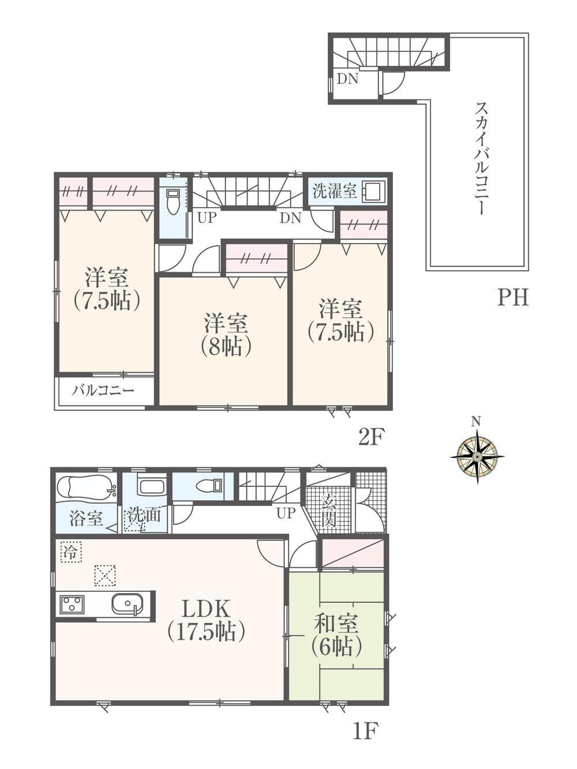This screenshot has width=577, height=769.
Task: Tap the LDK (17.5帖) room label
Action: tap(207, 620)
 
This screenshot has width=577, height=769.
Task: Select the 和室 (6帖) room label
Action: tap(336, 635)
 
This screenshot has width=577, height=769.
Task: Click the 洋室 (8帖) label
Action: tap(226, 335)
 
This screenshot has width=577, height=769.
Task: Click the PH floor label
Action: tap(512, 298)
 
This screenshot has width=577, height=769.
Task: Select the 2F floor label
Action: tap(370, 438)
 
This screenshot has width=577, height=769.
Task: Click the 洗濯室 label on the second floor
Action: tap(334, 191)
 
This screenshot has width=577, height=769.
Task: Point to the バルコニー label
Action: tap(103, 391)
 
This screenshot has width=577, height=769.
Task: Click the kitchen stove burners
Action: tap(72, 605)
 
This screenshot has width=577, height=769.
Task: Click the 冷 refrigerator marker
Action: tap(70, 550)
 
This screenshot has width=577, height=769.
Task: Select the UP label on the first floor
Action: tap(286, 513)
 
